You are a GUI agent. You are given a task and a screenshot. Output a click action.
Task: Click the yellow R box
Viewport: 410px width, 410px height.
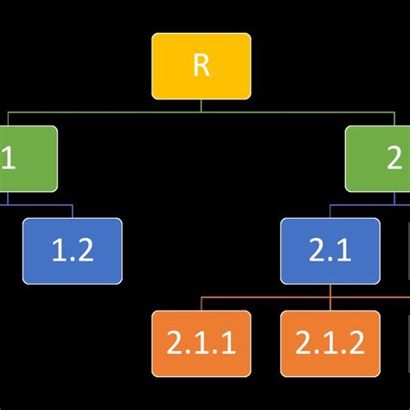(201, 66)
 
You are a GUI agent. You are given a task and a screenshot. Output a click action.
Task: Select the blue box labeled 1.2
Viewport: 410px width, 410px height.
(72, 251)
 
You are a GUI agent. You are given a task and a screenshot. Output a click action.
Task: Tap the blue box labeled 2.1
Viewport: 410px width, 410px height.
(330, 251)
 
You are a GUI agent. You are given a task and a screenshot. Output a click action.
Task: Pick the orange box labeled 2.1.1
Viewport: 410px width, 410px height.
(201, 343)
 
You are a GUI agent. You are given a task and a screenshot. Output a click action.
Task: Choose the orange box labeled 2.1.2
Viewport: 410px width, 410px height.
(330, 343)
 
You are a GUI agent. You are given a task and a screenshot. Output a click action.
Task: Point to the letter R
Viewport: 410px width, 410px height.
(201, 67)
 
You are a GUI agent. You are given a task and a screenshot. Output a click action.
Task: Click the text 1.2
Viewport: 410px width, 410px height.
(72, 252)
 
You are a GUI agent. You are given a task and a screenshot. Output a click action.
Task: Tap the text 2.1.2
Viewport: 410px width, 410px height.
(330, 344)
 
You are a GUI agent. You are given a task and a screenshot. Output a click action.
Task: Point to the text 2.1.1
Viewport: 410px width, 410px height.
(201, 344)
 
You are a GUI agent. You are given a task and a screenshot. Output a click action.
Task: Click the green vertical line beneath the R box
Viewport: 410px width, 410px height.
(201, 106)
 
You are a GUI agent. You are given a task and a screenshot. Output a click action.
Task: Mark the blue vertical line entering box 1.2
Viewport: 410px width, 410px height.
(72, 211)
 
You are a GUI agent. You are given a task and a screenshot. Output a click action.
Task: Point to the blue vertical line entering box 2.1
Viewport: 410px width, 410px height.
(330, 211)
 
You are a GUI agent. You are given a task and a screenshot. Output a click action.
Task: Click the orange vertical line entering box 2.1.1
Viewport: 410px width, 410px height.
(201, 304)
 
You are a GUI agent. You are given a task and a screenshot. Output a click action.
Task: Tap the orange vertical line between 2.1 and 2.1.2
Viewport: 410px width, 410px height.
(330, 297)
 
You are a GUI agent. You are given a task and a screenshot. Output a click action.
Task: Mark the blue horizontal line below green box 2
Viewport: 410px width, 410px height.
(355, 205)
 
